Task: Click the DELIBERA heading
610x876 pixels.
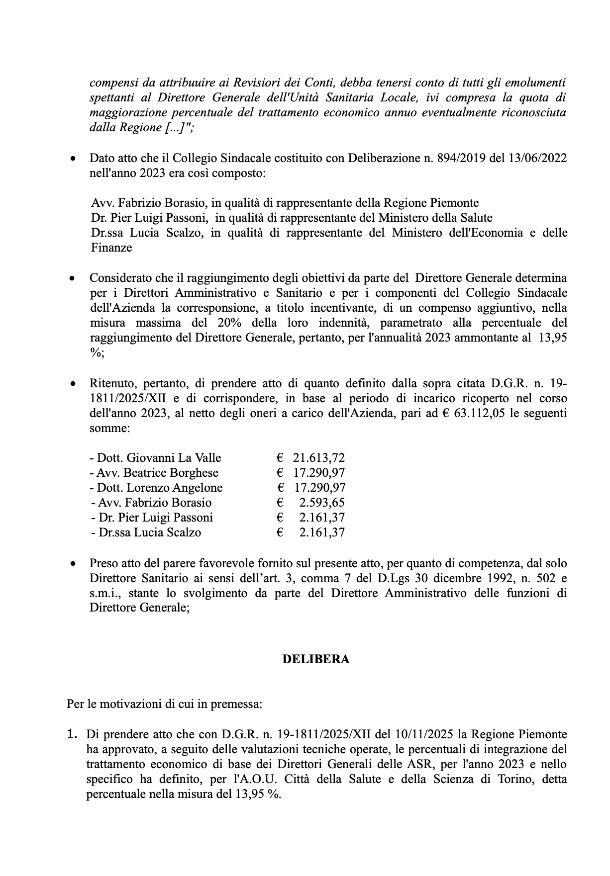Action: [x=316, y=659]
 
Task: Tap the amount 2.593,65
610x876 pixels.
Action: [x=322, y=503]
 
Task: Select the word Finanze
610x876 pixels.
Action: [x=111, y=248]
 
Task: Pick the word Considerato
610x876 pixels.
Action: [x=119, y=278]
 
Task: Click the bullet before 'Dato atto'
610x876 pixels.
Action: [x=73, y=160]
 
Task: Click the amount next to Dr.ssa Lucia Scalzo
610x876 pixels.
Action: [x=322, y=532]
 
